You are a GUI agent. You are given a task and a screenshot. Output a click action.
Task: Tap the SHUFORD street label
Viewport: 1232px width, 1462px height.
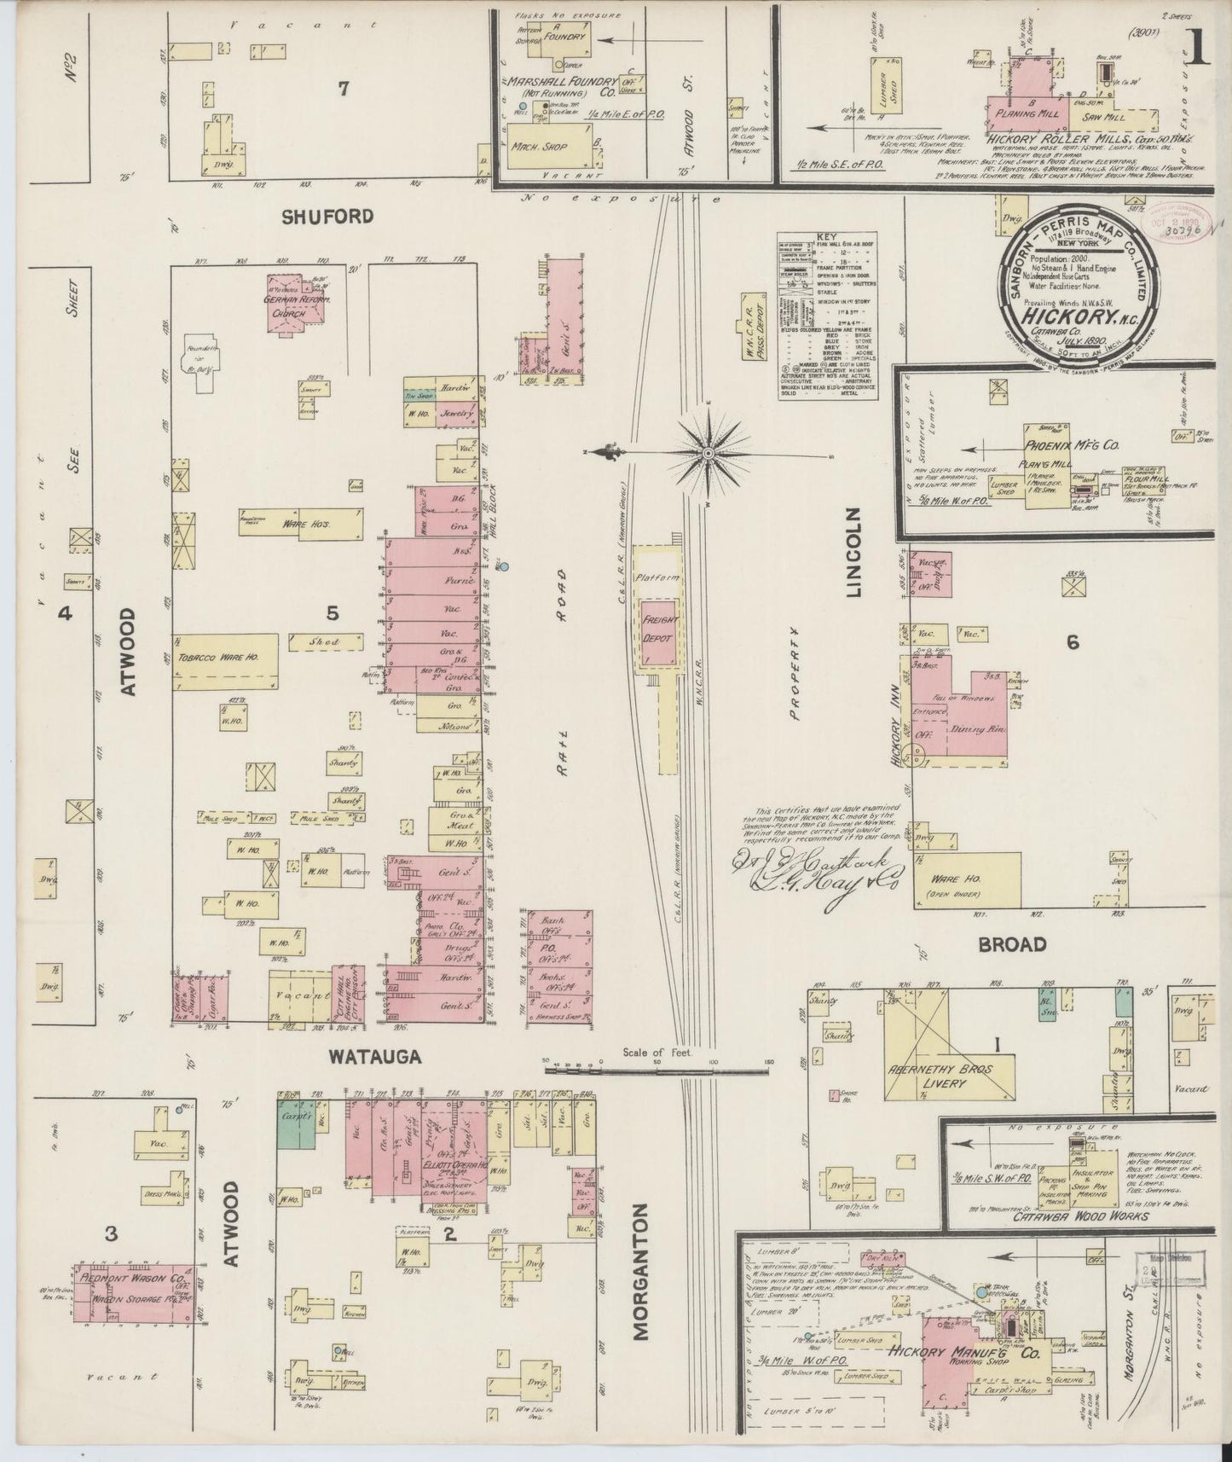tap(328, 217)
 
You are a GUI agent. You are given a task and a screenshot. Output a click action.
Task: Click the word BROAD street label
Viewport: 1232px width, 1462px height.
tap(1012, 944)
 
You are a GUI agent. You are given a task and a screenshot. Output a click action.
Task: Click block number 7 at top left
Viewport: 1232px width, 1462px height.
tap(343, 89)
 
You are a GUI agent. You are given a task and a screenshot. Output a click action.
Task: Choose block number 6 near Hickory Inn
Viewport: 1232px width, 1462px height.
tap(1072, 641)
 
